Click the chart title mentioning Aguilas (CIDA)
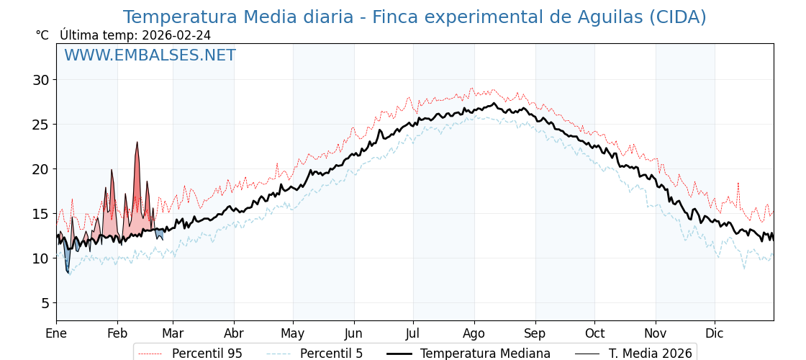415,17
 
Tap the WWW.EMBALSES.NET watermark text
150,55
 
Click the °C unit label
42,35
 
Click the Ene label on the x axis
56,334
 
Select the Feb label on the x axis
117,334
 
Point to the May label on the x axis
293,334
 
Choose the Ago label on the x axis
474,334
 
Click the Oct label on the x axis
594,334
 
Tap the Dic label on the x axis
715,334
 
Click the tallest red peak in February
137,144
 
